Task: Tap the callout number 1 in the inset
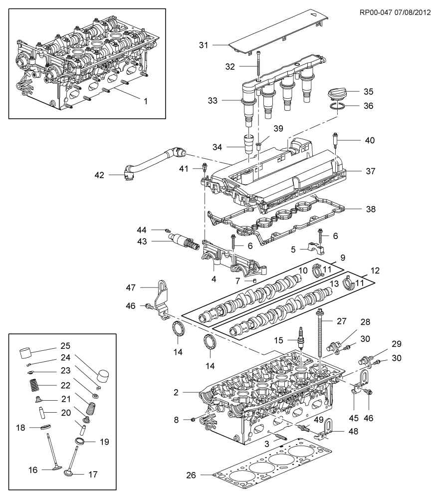[x=145, y=101]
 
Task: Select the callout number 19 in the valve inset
[x=104, y=442]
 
